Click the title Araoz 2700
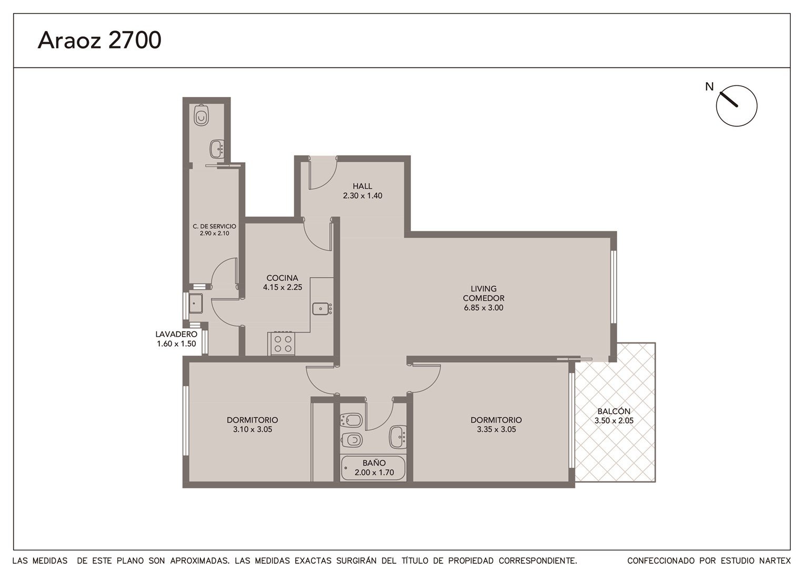(99, 40)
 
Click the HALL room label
(362, 186)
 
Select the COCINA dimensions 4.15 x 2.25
(283, 287)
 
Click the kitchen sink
(322, 309)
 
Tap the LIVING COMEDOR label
(484, 293)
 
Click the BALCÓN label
(614, 411)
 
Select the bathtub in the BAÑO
(373, 468)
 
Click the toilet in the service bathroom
(202, 115)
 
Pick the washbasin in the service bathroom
(217, 149)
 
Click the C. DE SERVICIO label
(214, 227)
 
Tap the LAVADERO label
(176, 334)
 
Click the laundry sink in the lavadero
(196, 303)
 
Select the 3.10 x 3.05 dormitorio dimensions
(253, 429)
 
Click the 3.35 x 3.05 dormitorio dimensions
(496, 429)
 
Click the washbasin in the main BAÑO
(398, 437)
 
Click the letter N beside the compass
(709, 86)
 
